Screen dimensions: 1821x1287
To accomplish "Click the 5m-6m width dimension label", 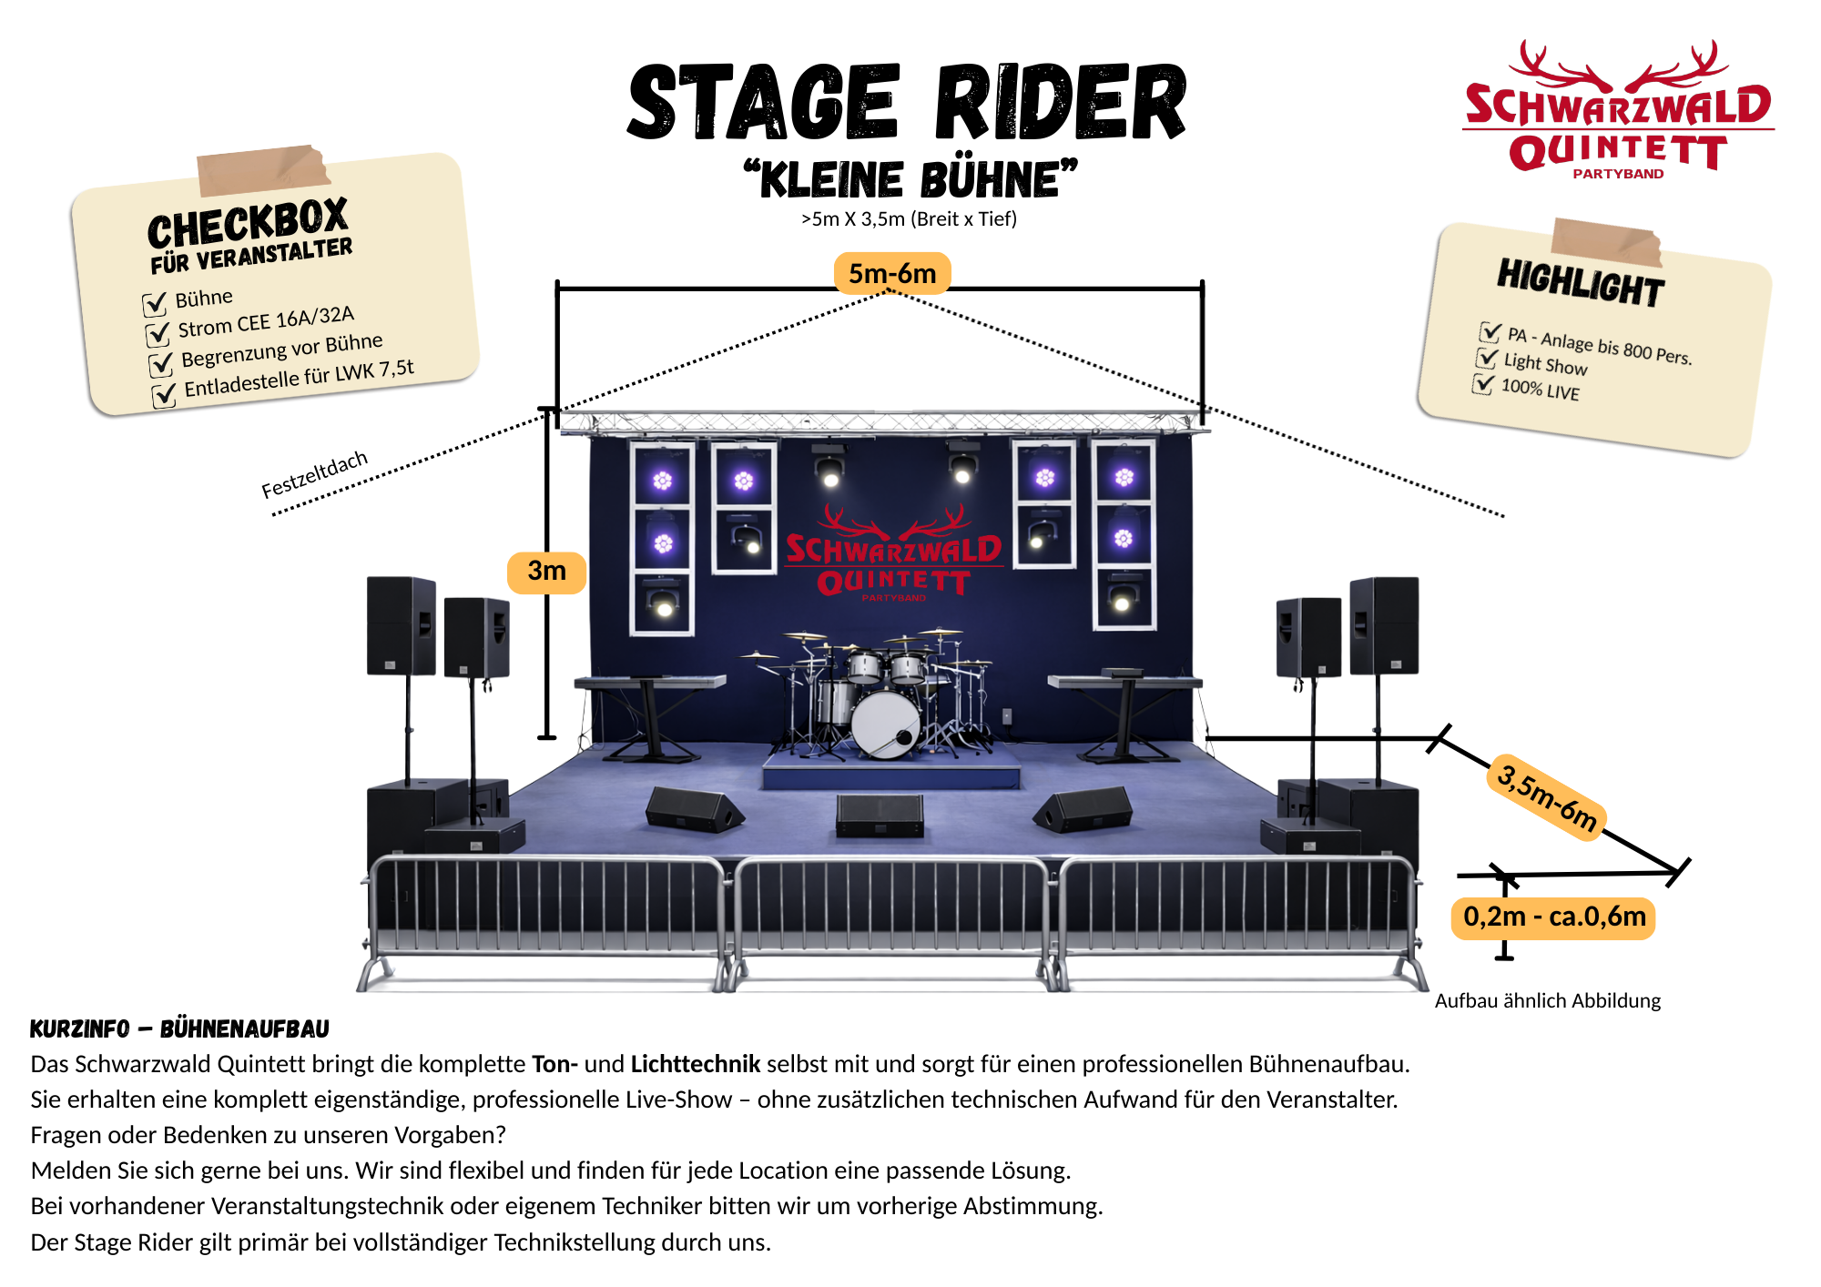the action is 892,273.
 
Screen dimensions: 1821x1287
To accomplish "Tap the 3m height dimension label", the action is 546,572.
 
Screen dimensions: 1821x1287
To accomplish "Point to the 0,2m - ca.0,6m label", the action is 1554,917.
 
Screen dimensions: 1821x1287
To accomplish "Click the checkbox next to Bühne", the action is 155,302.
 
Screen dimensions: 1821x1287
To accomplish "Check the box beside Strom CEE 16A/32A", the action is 158,333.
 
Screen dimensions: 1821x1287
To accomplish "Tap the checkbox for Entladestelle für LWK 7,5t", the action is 164,395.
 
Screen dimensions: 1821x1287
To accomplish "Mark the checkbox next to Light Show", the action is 1487,357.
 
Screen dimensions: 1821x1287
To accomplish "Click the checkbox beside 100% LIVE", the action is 1483,383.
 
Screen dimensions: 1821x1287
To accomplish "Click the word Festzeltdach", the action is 314,474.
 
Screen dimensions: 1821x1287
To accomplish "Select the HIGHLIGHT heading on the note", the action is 1582,283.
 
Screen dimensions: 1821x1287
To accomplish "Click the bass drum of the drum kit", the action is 885,725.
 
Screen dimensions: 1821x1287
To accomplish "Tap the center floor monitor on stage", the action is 880,816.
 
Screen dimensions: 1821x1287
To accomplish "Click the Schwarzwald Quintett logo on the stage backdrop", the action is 894,553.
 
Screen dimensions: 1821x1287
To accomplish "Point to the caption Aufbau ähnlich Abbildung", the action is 1548,1000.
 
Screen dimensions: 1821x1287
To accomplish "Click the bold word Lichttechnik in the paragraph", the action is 696,1064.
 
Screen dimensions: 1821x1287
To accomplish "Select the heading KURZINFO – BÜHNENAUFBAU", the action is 179,1029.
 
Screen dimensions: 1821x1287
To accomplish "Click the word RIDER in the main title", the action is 1062,102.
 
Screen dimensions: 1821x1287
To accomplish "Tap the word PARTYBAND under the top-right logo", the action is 1618,174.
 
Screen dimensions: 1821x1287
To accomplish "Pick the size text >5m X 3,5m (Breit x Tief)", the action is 909,219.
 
